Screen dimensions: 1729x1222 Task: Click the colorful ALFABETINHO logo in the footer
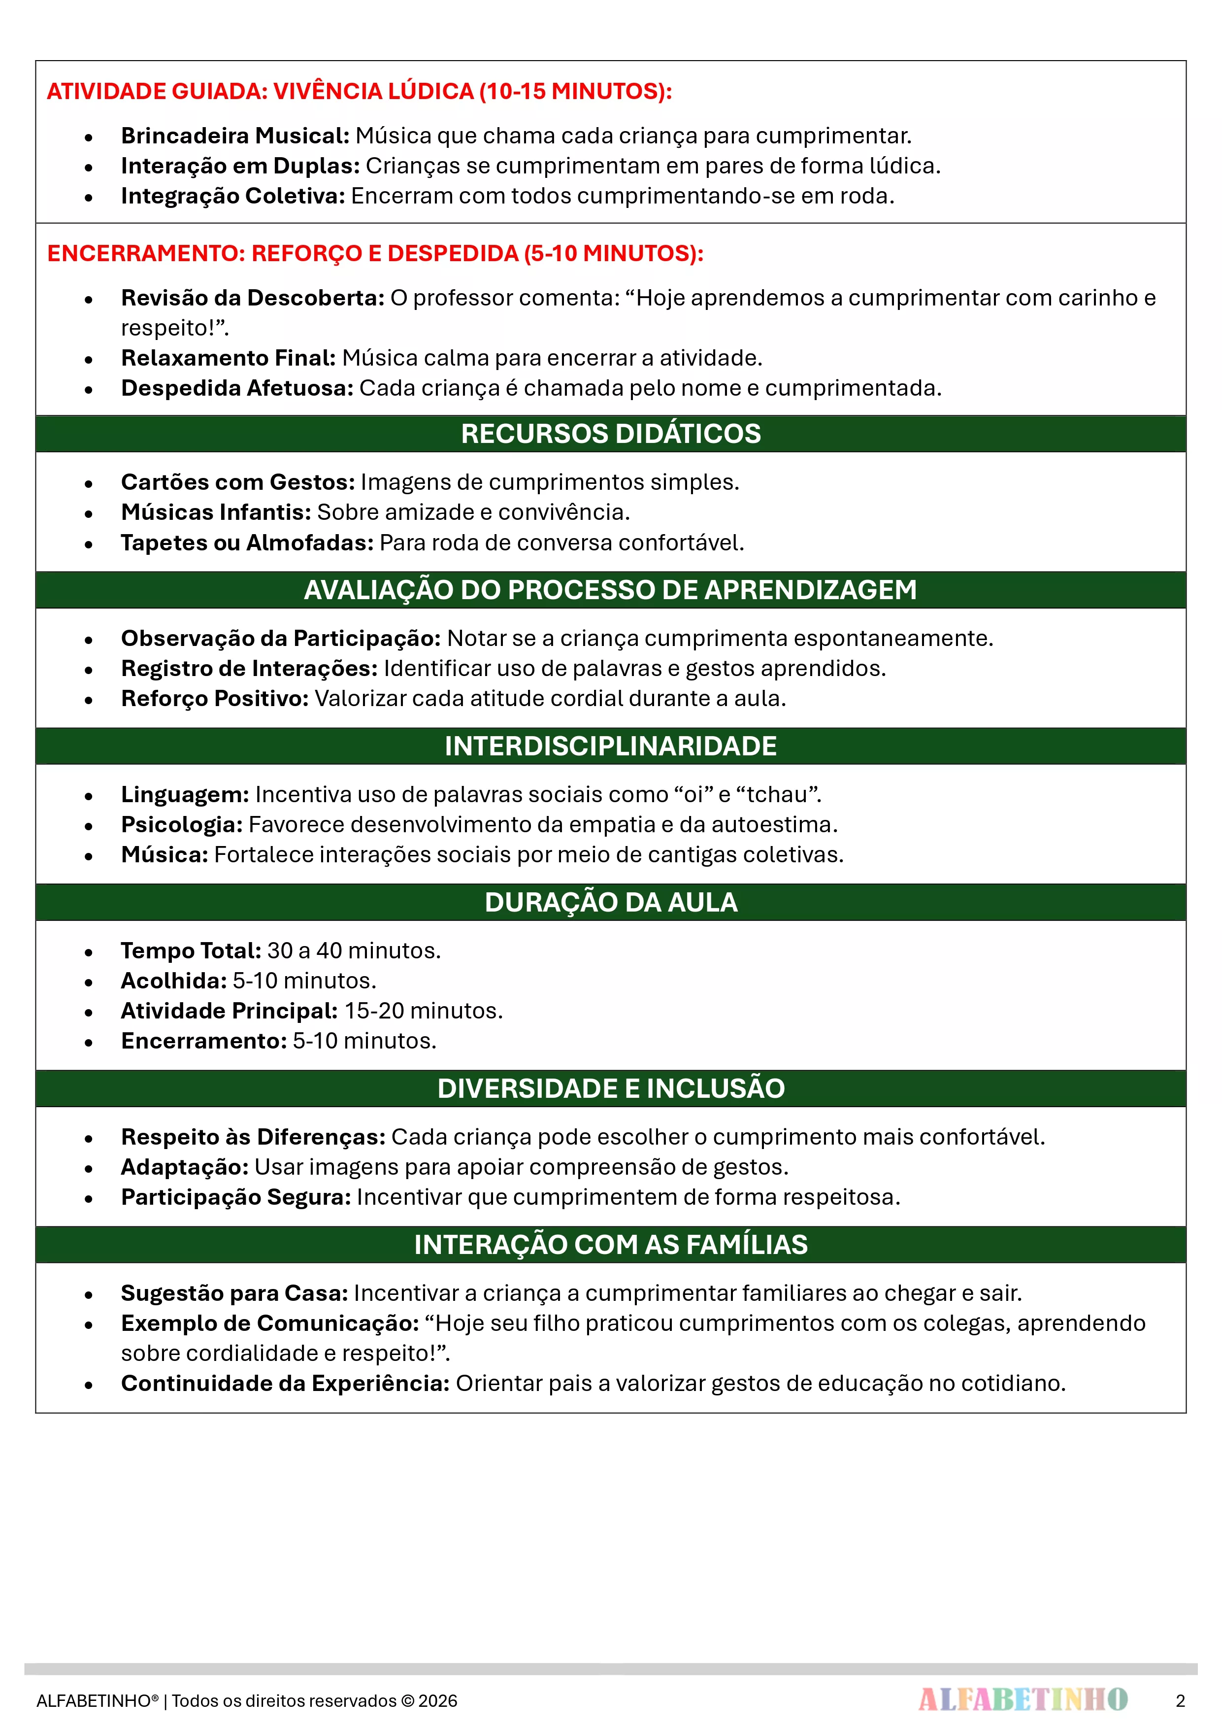(x=1023, y=1699)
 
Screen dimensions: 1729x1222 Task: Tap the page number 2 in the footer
(x=1180, y=1700)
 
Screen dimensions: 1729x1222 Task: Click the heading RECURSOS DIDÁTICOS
(x=611, y=434)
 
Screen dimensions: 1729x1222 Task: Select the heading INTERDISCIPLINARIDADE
(x=611, y=746)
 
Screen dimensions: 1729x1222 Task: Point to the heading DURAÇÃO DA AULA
(x=611, y=902)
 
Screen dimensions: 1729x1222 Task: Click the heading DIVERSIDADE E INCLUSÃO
(x=611, y=1088)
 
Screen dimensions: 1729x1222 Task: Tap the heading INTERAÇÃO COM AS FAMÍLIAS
(x=611, y=1245)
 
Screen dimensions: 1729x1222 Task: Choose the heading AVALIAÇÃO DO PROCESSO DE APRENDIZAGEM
(x=611, y=590)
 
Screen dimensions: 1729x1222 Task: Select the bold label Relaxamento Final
(x=228, y=358)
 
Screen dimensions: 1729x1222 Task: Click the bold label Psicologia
(x=181, y=824)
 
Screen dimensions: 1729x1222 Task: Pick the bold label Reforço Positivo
(x=215, y=698)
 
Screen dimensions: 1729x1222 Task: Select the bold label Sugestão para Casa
(x=234, y=1293)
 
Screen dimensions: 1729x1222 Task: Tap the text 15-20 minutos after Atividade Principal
(x=423, y=1011)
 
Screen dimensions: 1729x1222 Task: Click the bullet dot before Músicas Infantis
(x=89, y=513)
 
